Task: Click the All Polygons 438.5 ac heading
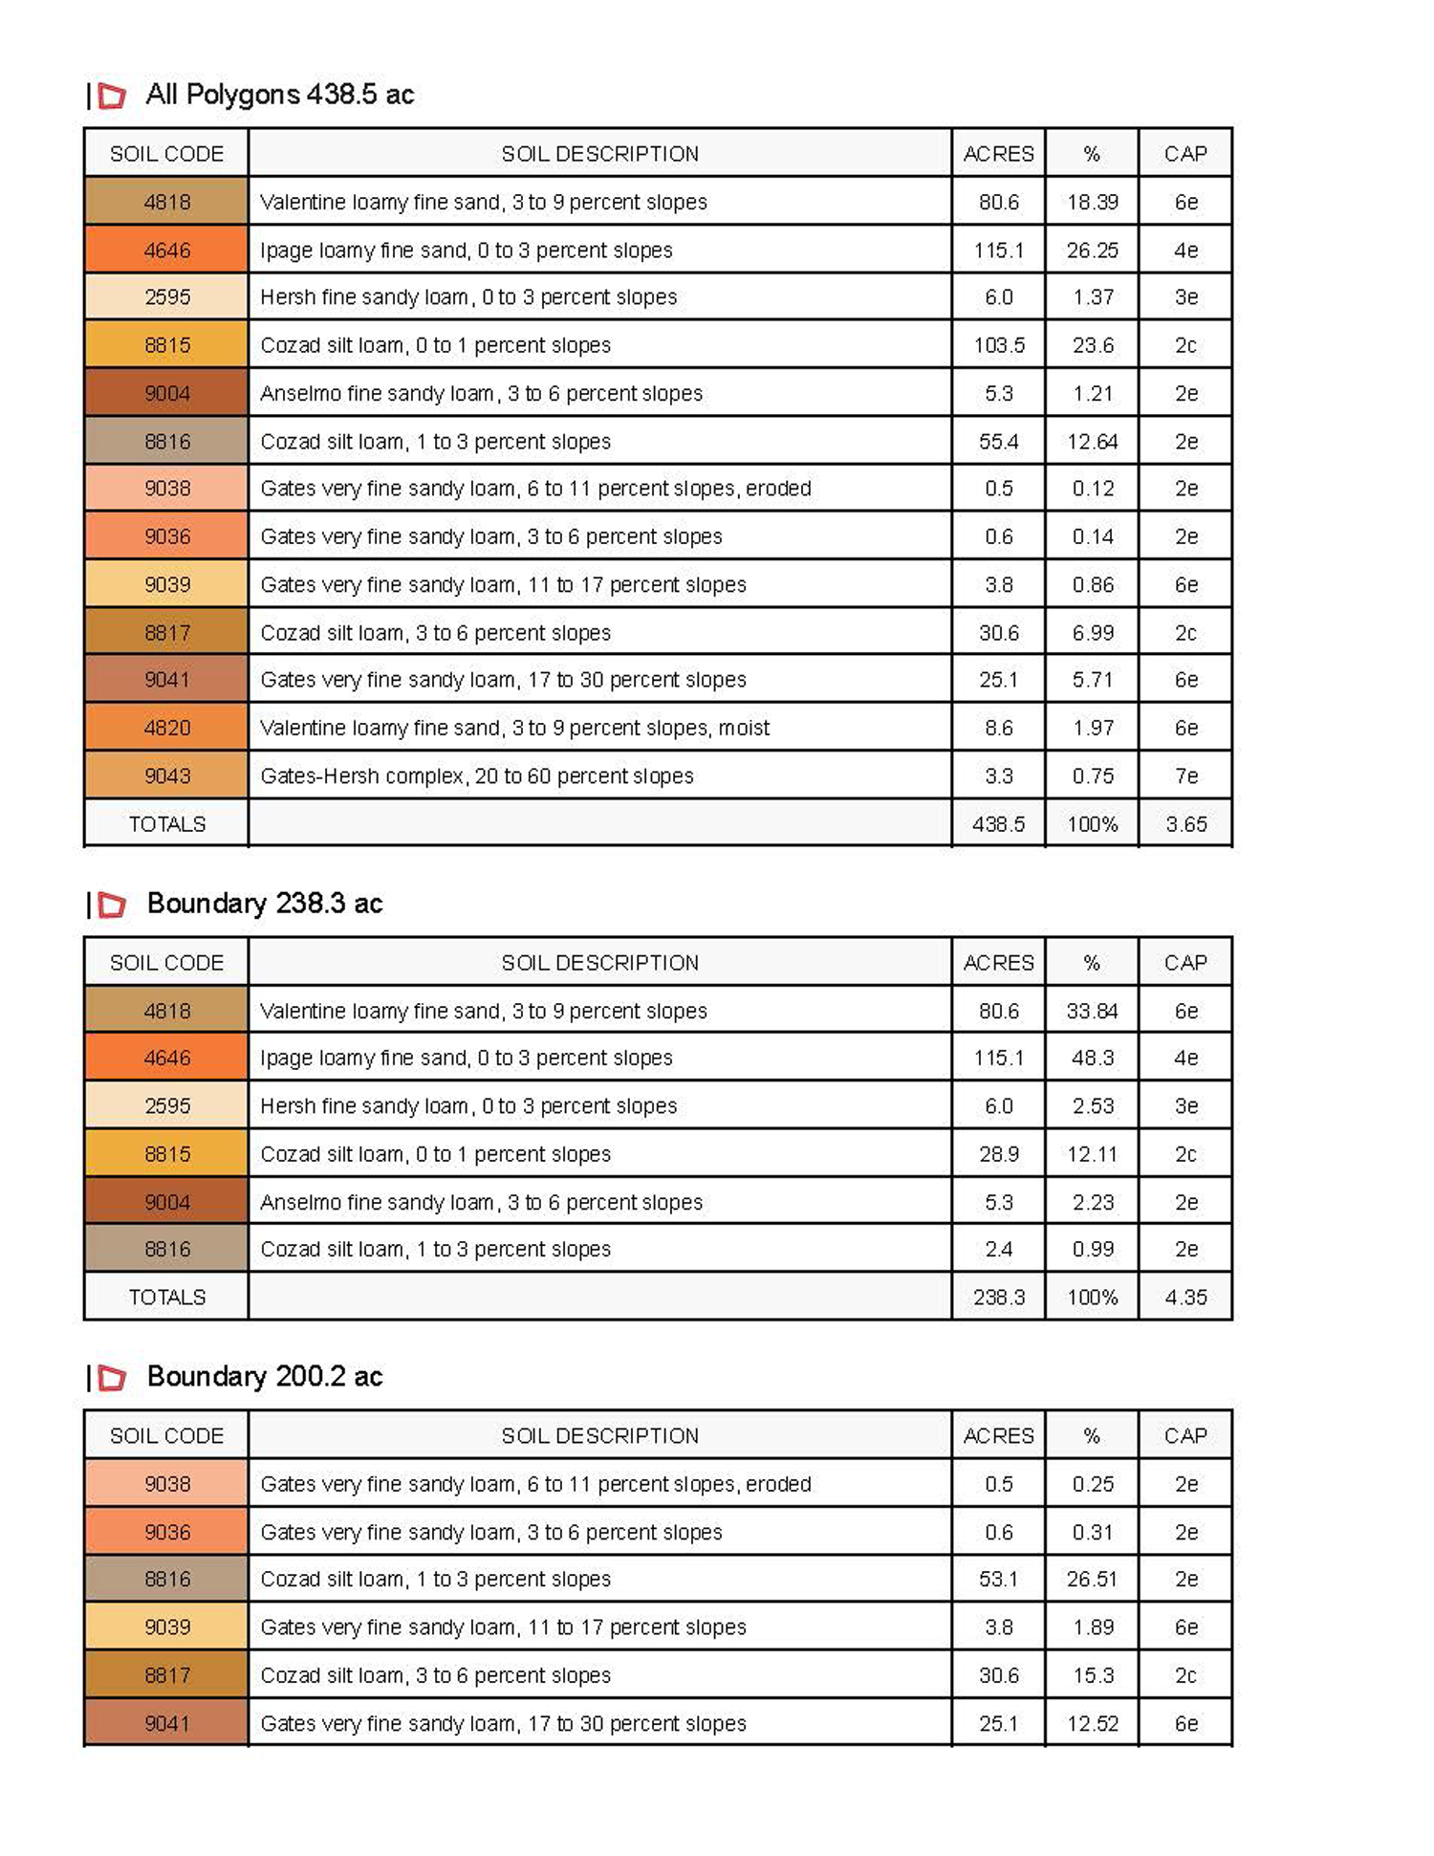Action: (x=279, y=95)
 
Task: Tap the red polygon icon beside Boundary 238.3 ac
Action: (x=112, y=905)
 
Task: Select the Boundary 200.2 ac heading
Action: (x=264, y=1377)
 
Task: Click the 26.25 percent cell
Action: (x=1092, y=251)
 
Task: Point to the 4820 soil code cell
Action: (x=166, y=728)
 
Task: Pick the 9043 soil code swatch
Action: (x=166, y=775)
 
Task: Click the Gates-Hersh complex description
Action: (x=476, y=775)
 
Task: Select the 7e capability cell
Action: (x=1185, y=775)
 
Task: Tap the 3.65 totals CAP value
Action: (x=1185, y=823)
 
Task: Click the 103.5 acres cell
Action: (x=998, y=345)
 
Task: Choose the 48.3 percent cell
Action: (x=1092, y=1059)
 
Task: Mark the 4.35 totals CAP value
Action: (x=1185, y=1298)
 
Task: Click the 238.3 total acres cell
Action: (x=998, y=1298)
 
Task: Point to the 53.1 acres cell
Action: (x=998, y=1580)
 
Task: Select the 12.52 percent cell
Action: (x=1092, y=1723)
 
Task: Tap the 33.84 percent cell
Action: (x=1092, y=1011)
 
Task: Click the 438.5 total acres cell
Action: (x=998, y=823)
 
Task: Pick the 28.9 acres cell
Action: (x=998, y=1154)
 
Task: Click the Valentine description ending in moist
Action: (x=514, y=728)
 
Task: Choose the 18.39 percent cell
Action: (x=1092, y=202)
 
